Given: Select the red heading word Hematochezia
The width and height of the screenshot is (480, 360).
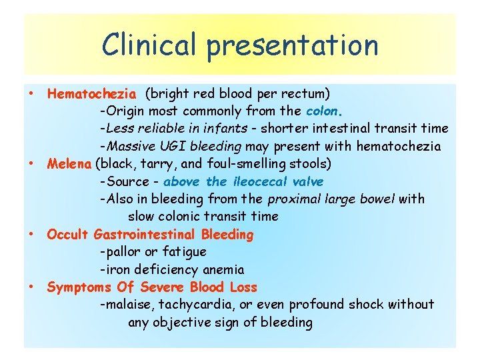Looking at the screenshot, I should click(92, 93).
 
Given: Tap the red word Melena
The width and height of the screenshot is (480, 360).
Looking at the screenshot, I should click(69, 164).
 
